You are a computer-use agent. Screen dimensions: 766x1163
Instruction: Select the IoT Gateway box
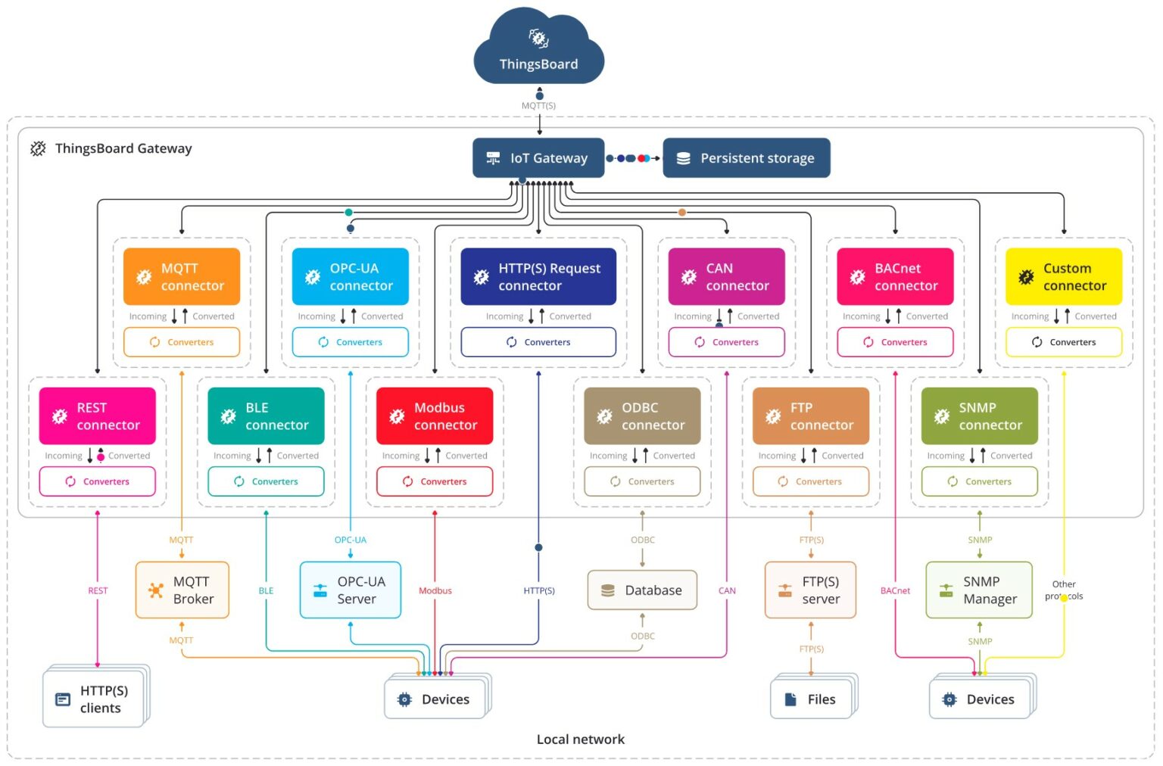tap(538, 158)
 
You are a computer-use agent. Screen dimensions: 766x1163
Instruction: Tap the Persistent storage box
tap(746, 158)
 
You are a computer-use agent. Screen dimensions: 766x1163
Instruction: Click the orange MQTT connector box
tap(182, 277)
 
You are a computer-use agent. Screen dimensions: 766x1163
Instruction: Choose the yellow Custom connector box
tap(1063, 277)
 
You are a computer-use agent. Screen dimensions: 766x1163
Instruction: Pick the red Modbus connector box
tap(435, 416)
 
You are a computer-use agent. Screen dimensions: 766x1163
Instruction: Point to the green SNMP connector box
tap(979, 416)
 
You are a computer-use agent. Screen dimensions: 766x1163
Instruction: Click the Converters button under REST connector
tap(97, 481)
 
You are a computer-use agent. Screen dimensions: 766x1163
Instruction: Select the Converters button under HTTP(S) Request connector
tap(538, 342)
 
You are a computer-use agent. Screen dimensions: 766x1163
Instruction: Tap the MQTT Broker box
tap(182, 590)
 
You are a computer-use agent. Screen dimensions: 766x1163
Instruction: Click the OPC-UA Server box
tap(350, 590)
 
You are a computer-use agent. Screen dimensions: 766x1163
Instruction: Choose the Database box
tap(642, 590)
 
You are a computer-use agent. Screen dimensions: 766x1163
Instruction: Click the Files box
tap(811, 699)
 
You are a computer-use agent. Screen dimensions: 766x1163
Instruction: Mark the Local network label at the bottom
tap(581, 740)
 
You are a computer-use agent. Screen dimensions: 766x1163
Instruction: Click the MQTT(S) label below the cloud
tap(538, 106)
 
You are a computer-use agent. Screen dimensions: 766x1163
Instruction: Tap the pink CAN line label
tap(727, 590)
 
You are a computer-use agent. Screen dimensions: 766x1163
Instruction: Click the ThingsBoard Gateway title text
tap(123, 148)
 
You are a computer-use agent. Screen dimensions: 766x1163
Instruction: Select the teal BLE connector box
tap(266, 416)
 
